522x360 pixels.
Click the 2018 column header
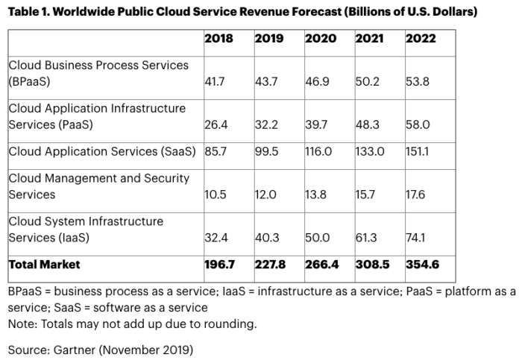coord(218,39)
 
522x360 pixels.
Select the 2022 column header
coord(421,39)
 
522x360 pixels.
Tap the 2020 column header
coord(320,39)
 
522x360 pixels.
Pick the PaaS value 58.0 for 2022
coord(418,124)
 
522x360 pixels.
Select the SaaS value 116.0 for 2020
coord(320,151)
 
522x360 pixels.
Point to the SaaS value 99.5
coord(267,151)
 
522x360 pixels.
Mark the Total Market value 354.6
coord(422,265)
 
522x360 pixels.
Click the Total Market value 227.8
coord(271,265)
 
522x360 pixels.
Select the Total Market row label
coord(44,265)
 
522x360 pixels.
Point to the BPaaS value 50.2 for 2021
coord(368,80)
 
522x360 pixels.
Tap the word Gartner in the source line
coord(66,347)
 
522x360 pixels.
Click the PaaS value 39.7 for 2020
coord(317,124)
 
